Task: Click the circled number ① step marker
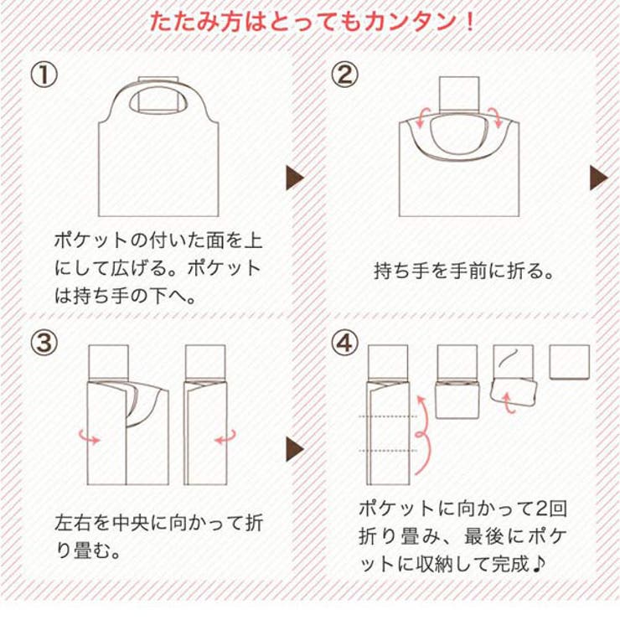[44, 75]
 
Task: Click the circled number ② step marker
[344, 75]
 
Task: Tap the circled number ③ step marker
[44, 343]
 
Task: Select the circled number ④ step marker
[344, 343]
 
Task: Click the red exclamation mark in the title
[470, 22]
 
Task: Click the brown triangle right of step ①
[295, 178]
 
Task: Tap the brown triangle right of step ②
[599, 178]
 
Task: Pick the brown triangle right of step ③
[295, 449]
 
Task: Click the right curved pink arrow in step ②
[495, 117]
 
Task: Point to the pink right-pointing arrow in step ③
[90, 437]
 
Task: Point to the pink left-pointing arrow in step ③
[225, 437]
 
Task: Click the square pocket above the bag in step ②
[459, 94]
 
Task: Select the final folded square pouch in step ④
[570, 362]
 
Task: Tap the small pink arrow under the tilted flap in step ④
[509, 402]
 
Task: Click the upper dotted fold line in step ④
[388, 416]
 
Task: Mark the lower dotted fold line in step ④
[388, 451]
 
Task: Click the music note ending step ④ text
[538, 564]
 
